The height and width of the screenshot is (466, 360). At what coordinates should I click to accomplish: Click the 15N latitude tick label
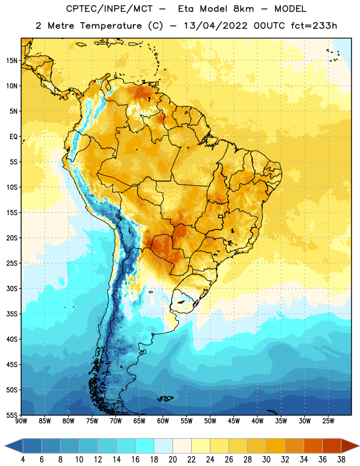pyautogui.click(x=12, y=61)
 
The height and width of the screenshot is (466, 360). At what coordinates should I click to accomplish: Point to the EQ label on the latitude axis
pyautogui.click(x=13, y=137)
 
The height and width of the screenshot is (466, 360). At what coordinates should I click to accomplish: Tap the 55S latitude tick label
pyautogui.click(x=12, y=415)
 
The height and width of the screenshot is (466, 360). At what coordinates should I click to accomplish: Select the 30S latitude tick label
pyautogui.click(x=12, y=288)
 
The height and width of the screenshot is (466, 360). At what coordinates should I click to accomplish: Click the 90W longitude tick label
pyautogui.click(x=21, y=421)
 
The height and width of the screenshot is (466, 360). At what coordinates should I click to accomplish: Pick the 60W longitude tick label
pyautogui.click(x=163, y=421)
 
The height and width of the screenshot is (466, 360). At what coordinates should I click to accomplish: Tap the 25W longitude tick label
pyautogui.click(x=328, y=421)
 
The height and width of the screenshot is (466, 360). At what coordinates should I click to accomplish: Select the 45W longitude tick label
pyautogui.click(x=234, y=421)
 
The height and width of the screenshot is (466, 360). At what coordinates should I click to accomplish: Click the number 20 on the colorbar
pyautogui.click(x=172, y=460)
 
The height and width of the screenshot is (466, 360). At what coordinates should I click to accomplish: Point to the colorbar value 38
pyautogui.click(x=341, y=460)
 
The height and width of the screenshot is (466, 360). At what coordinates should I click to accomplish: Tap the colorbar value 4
pyautogui.click(x=23, y=460)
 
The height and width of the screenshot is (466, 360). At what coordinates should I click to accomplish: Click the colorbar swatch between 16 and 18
pyautogui.click(x=145, y=446)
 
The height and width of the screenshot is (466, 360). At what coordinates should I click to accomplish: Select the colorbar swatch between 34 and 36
pyautogui.click(x=313, y=446)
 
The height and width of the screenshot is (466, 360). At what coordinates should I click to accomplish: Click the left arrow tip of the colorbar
pyautogui.click(x=5, y=446)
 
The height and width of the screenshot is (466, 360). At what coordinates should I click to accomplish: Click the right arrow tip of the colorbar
pyautogui.click(x=359, y=446)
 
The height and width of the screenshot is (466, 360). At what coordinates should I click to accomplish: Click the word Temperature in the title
pyautogui.click(x=111, y=26)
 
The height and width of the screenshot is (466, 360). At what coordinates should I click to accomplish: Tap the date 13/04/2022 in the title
pyautogui.click(x=216, y=26)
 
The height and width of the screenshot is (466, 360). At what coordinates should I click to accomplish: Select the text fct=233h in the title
pyautogui.click(x=314, y=26)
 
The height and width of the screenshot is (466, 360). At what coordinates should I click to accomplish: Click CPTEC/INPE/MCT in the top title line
pyautogui.click(x=109, y=9)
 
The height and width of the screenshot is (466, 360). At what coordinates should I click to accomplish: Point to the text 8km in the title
pyautogui.click(x=243, y=9)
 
